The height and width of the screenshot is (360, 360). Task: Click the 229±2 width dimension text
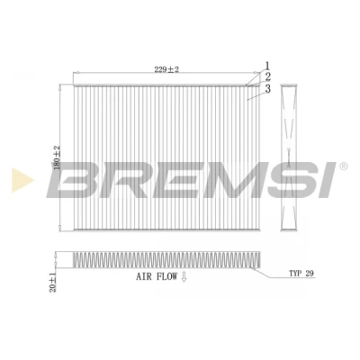(166, 69)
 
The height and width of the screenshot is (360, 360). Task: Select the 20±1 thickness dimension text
(53, 281)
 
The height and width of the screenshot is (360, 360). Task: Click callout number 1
(267, 67)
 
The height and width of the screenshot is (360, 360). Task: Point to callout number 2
(267, 77)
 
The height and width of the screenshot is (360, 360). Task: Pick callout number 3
(267, 89)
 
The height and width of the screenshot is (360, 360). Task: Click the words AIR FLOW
(157, 276)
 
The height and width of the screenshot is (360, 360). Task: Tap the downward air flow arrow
(184, 276)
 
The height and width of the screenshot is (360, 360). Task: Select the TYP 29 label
(301, 274)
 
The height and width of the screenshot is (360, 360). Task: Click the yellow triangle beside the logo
(22, 180)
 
